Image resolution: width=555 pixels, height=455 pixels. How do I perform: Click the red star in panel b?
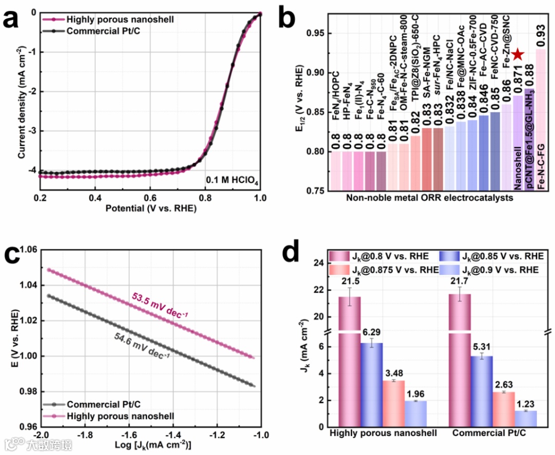518,54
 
